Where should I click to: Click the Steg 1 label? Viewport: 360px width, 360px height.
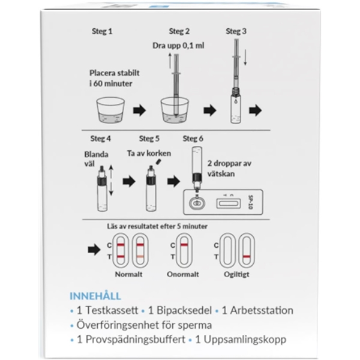(x=101, y=31)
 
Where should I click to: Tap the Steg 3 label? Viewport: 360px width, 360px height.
(x=236, y=31)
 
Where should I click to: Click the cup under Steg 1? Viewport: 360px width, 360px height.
(x=111, y=112)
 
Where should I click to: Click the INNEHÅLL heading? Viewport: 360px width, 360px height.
(x=95, y=296)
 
